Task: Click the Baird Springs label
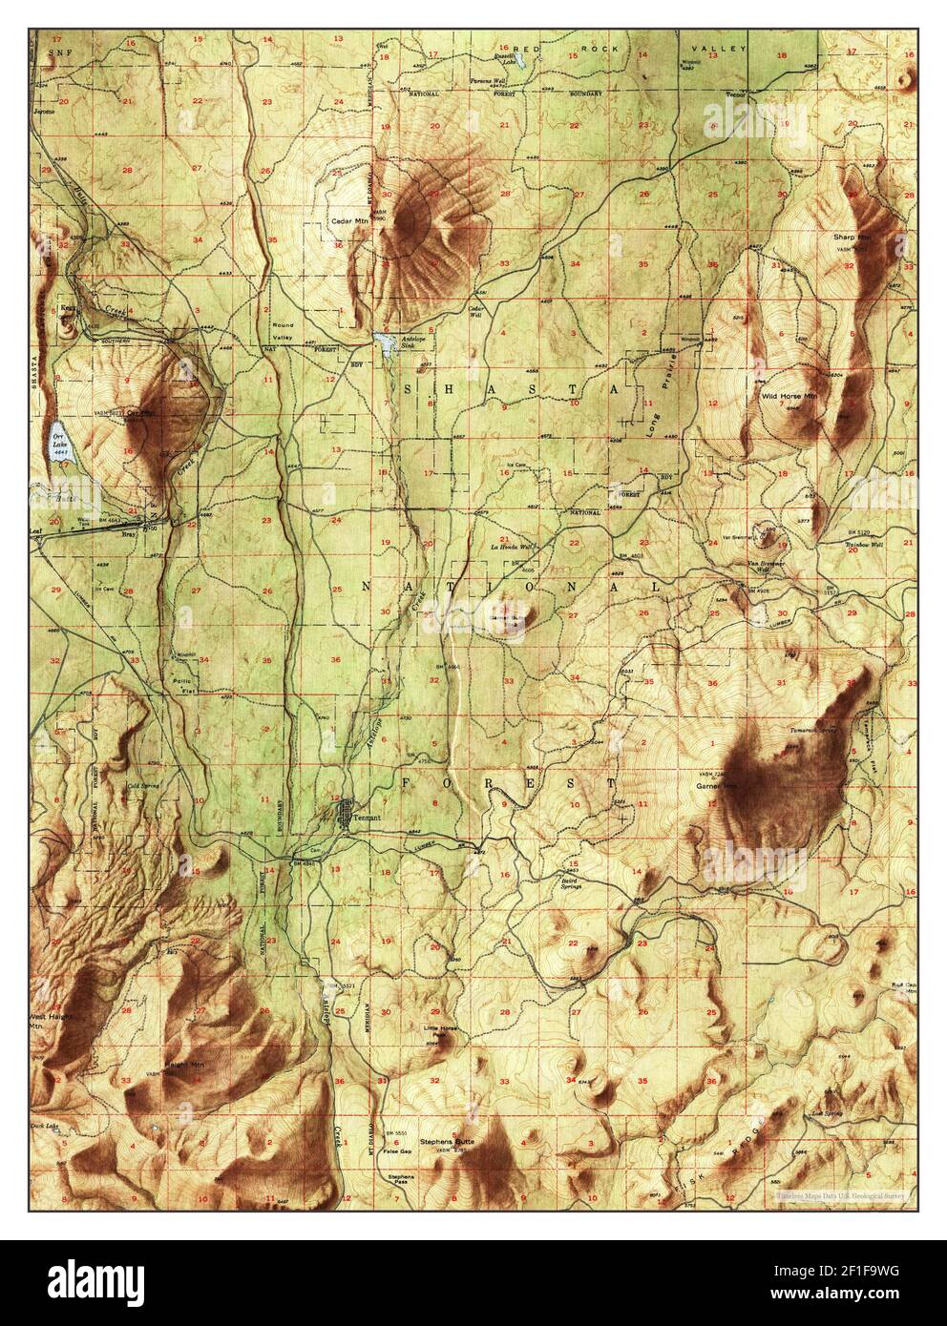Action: [572, 882]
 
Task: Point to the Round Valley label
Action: [284, 331]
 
